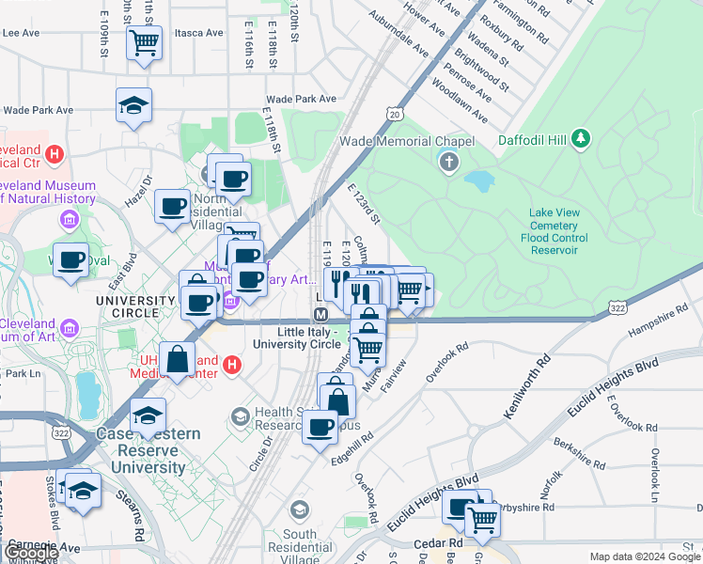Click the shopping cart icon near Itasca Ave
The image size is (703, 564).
point(145,41)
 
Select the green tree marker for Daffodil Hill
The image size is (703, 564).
point(582,139)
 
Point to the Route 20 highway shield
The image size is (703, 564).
point(393,114)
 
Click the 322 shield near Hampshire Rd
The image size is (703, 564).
point(617,307)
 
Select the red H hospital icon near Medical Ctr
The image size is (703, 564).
point(55,152)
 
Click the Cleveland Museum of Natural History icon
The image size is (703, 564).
point(69,220)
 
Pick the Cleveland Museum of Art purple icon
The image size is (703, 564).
point(69,329)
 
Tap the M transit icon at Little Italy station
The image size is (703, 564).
point(320,313)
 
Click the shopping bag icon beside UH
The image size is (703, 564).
point(177,358)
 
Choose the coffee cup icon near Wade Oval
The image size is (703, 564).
point(70,259)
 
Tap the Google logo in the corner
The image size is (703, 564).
point(31,553)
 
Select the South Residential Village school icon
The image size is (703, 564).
point(300,510)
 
